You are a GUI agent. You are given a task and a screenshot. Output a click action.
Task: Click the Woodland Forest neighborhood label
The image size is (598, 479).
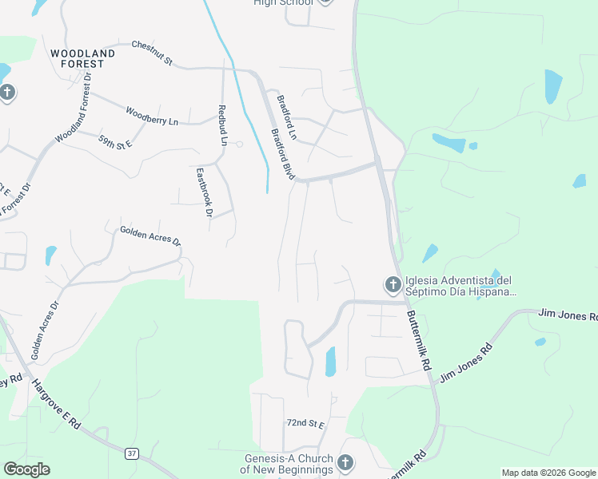point(82,58)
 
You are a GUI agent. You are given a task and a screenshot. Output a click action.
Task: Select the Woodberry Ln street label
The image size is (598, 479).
point(152,114)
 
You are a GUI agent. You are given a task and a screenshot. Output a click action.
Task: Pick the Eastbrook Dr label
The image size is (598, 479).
point(204,192)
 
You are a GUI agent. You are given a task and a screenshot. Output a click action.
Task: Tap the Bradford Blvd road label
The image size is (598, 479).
point(283,154)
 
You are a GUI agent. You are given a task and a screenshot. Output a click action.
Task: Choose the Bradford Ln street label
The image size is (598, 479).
point(286,117)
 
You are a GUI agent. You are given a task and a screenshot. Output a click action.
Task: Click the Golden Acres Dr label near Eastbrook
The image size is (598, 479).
point(150,236)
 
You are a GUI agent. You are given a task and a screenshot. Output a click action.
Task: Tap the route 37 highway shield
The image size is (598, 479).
point(132,453)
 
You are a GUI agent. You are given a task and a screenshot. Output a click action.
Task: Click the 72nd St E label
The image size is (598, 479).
point(305,423)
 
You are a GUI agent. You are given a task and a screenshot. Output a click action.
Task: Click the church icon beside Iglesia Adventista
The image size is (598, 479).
point(393,285)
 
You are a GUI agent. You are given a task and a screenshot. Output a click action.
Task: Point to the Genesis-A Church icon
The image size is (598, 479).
point(345,463)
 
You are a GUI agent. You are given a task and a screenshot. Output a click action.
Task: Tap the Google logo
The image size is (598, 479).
point(26,469)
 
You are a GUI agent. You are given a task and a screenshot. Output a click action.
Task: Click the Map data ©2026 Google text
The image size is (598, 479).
point(548,473)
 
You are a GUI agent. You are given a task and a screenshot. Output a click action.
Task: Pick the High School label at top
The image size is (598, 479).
point(283,3)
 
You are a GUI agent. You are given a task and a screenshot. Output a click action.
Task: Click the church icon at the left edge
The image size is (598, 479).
point(7,93)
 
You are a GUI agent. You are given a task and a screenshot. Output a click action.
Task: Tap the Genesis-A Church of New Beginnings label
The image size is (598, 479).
point(288,464)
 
